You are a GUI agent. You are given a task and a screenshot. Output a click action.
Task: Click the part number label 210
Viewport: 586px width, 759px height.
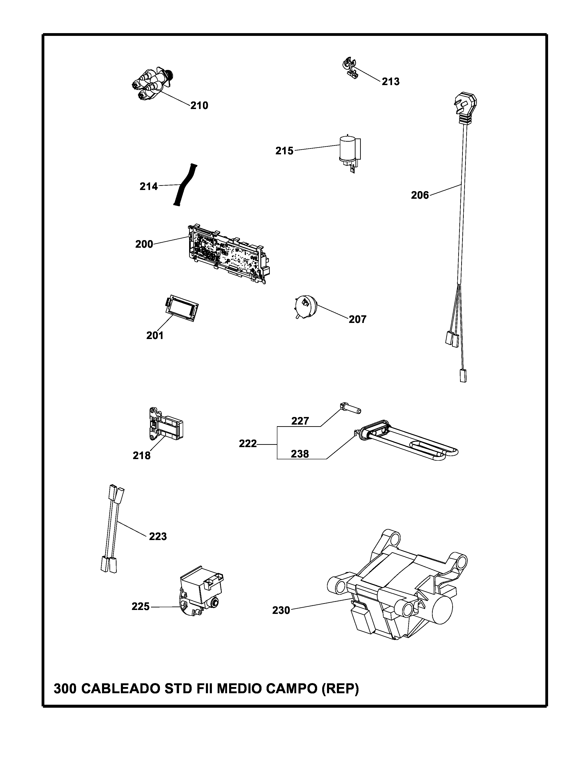pos(199,105)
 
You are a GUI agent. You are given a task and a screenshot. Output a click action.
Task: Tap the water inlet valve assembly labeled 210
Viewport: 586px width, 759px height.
pos(153,84)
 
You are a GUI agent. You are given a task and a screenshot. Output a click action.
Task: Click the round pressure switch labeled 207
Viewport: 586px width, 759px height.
pos(305,306)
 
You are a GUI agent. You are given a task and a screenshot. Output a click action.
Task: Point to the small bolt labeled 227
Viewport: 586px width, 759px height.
pos(349,407)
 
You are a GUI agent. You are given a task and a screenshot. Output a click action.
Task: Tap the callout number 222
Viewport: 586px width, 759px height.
pos(247,444)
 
